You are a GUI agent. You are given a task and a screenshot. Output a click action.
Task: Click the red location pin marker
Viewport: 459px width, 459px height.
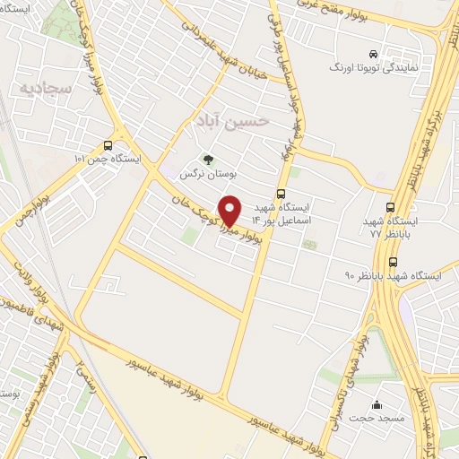[230, 210]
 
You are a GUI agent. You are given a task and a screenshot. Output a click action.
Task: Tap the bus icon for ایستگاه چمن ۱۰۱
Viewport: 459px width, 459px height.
[108, 145]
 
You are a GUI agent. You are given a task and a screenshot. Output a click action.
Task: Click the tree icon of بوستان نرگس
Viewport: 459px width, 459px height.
[208, 160]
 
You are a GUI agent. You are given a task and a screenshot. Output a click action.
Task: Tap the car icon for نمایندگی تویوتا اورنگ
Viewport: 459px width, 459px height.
[385, 53]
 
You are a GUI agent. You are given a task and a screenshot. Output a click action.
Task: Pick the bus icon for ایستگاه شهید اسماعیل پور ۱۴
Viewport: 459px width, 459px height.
[281, 193]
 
